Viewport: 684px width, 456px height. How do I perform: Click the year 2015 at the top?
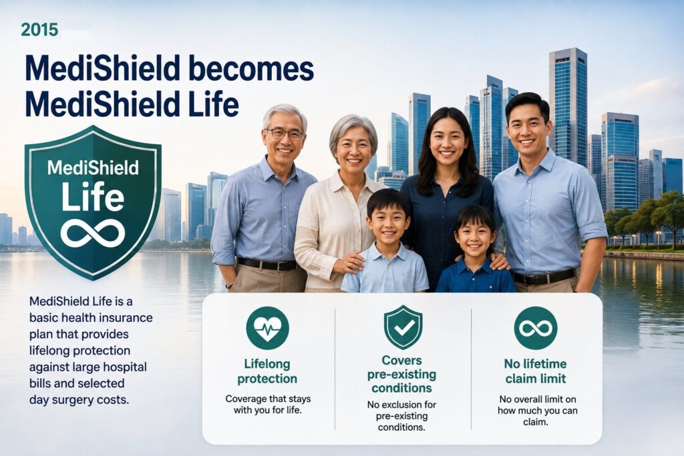[39, 29]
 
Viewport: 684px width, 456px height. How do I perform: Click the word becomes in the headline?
[253, 69]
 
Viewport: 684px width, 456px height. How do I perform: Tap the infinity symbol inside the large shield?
[93, 233]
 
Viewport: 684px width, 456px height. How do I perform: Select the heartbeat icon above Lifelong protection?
[267, 328]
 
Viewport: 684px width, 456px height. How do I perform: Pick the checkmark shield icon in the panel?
[403, 327]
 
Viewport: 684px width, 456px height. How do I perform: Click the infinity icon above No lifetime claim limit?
[536, 328]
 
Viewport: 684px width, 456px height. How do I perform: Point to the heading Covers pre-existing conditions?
[401, 374]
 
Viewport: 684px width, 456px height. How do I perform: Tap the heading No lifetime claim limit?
[536, 371]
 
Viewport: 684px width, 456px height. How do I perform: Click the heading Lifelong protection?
[267, 371]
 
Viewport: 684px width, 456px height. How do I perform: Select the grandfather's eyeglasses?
[285, 134]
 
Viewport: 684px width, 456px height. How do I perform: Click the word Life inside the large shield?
[93, 196]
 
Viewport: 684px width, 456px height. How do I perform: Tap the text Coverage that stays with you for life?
[268, 405]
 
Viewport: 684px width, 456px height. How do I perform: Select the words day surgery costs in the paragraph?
[79, 400]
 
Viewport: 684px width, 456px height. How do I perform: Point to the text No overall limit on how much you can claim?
[538, 411]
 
